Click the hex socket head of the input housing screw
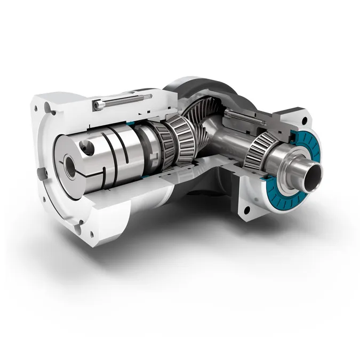pos(98,105)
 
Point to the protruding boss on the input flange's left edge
pos(41,174)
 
